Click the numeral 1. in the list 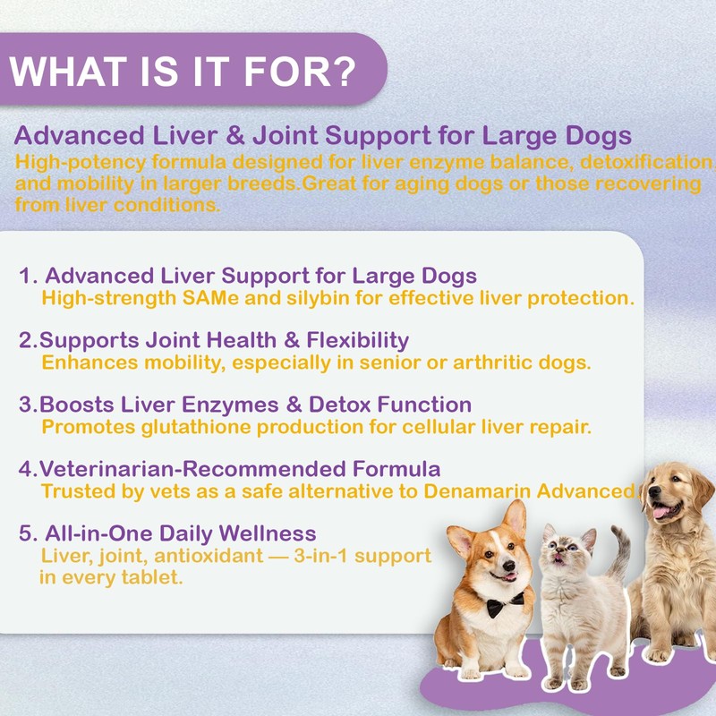click(x=28, y=275)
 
